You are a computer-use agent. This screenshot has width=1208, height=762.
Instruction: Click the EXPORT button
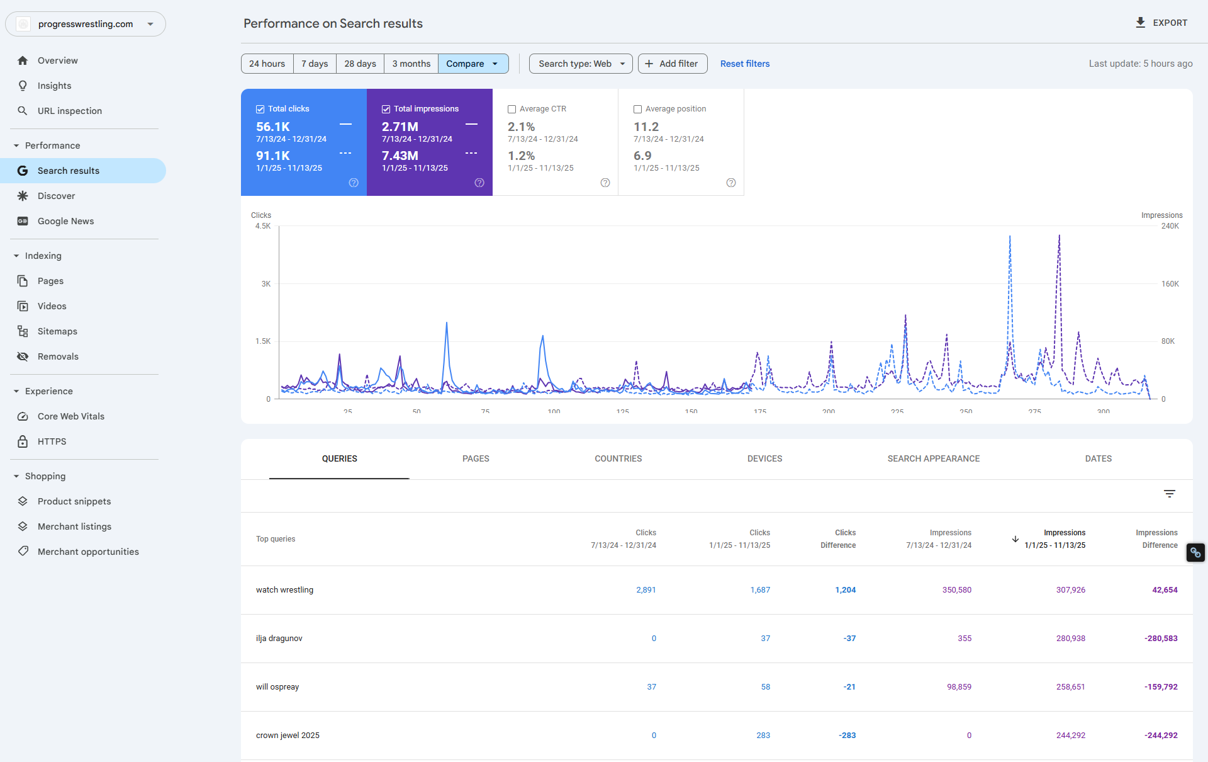(1161, 23)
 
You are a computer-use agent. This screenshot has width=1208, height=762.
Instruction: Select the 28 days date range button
(360, 64)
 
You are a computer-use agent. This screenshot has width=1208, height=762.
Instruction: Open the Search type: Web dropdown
(581, 64)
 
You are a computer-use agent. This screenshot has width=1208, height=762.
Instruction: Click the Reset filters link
(744, 64)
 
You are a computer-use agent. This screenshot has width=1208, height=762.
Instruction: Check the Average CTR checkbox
(512, 109)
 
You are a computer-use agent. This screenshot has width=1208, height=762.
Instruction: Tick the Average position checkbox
(638, 109)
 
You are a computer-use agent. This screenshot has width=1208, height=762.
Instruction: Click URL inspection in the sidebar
(69, 111)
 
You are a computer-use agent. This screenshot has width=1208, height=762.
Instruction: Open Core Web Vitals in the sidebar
(70, 416)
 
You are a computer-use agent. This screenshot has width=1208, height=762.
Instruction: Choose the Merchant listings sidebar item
(74, 526)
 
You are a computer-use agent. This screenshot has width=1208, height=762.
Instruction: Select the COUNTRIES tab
(618, 458)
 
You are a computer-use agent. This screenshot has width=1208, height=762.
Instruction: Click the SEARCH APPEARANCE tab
(933, 458)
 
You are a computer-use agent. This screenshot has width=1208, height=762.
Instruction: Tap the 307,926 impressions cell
(1070, 590)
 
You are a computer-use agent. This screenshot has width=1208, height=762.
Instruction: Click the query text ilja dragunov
(279, 639)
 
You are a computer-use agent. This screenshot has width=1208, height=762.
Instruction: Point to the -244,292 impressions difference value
(1161, 736)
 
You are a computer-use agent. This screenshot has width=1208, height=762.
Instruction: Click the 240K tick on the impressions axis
(1170, 226)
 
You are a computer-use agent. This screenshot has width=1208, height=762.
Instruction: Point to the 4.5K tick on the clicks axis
(263, 226)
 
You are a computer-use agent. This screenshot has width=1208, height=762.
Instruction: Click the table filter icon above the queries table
(1169, 494)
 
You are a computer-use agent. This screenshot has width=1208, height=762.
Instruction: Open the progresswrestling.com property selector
(86, 24)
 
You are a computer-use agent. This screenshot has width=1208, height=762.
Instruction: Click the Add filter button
(672, 64)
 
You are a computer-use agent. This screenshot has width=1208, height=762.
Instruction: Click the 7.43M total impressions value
(400, 156)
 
